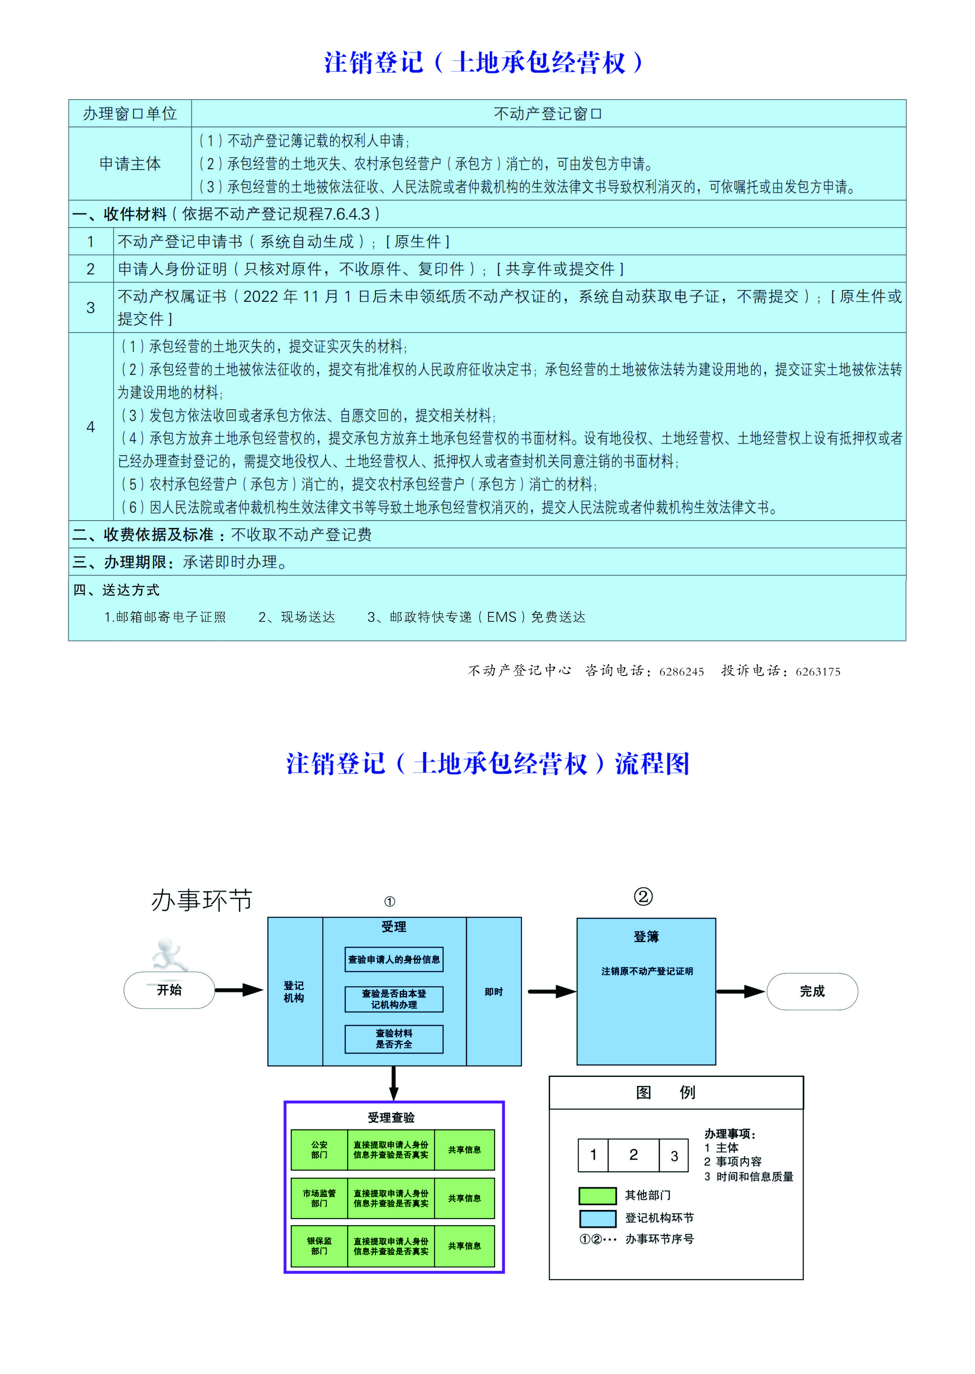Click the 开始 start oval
[169, 990]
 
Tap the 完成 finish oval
[812, 991]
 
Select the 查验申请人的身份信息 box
[394, 959]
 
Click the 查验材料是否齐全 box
[394, 1039]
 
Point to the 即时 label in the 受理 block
[493, 992]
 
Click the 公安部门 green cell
[319, 1149]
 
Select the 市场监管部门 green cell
[319, 1198]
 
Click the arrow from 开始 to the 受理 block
[239, 990]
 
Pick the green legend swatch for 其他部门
[597, 1196]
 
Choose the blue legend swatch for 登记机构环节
[597, 1219]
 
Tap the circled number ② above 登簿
[643, 897]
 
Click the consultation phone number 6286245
[681, 672]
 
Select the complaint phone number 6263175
[818, 672]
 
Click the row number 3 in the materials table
[91, 308]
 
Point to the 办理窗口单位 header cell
[130, 114]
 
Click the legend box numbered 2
[633, 1155]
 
